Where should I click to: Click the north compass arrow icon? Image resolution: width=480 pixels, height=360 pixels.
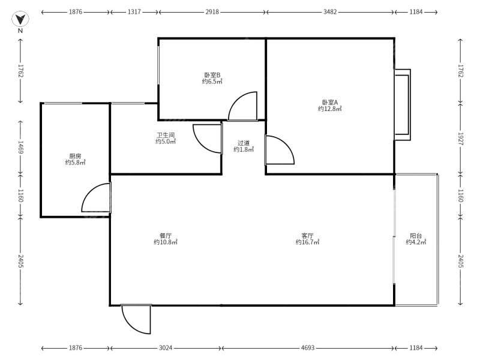point(20,19)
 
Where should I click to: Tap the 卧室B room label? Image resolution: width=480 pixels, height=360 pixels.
point(212,75)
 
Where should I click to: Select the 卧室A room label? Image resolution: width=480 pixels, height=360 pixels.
point(329,102)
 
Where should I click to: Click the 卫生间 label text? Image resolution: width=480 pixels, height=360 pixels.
point(166,135)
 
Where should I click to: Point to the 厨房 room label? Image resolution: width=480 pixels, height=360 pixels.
point(76,156)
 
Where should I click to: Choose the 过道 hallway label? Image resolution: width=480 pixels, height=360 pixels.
point(244,143)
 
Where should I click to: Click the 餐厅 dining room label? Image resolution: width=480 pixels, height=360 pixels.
point(166,236)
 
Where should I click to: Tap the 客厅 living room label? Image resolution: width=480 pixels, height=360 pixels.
point(307,236)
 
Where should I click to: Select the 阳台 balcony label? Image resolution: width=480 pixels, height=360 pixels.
point(416,236)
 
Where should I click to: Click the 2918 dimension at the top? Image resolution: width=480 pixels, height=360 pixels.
point(212,12)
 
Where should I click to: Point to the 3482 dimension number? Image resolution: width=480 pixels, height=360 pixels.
point(330,12)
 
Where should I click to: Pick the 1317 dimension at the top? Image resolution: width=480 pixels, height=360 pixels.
point(134,12)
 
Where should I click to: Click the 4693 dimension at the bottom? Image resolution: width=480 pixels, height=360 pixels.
point(307,348)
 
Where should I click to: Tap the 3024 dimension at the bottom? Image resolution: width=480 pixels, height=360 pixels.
point(166,348)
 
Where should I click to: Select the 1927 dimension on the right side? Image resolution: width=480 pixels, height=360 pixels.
point(461,139)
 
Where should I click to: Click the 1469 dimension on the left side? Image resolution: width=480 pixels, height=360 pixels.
point(20,147)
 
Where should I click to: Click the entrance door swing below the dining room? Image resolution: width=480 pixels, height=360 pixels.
point(137,319)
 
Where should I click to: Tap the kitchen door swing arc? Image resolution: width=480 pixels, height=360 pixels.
point(96,197)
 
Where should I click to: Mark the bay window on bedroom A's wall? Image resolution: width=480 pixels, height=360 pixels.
point(403,104)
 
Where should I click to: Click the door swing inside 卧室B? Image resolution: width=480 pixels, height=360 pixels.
point(242,106)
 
